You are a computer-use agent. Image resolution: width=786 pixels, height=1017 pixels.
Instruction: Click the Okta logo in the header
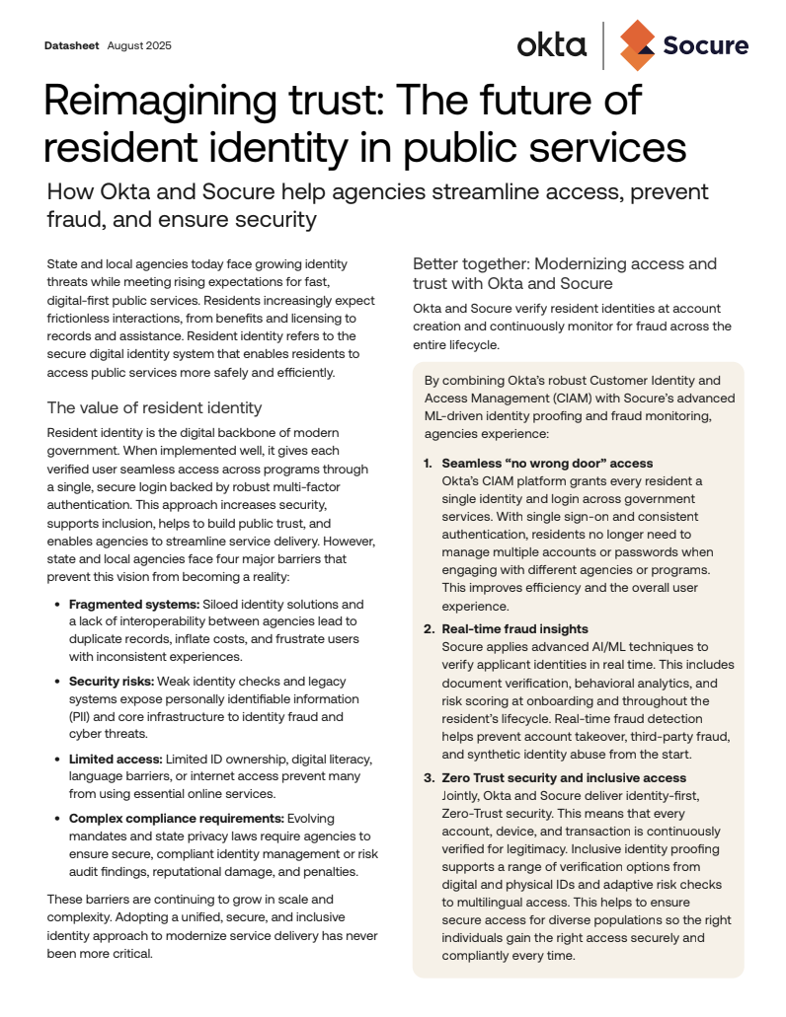click(551, 44)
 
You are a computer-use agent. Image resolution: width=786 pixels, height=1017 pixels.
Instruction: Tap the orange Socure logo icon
click(637, 45)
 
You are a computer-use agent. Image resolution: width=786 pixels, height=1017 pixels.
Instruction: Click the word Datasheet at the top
click(72, 46)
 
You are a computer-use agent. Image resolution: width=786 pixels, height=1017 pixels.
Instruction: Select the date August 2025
click(139, 46)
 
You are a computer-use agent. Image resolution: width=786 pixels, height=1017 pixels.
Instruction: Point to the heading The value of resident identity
click(154, 407)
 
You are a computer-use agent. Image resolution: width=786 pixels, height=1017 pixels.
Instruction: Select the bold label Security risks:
click(111, 682)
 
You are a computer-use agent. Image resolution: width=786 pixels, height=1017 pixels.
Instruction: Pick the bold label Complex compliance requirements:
click(176, 818)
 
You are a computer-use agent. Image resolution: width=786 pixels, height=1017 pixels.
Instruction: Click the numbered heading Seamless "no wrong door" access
click(547, 463)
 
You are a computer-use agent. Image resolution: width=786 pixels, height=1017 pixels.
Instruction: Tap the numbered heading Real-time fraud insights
click(514, 628)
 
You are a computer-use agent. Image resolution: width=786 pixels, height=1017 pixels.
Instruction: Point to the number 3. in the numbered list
click(429, 778)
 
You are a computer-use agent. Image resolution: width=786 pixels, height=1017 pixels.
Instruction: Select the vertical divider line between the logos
click(603, 45)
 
